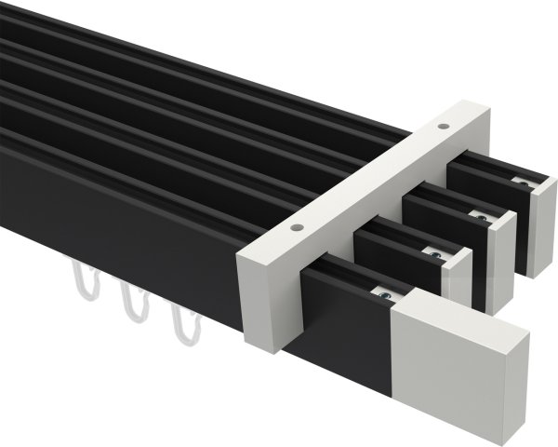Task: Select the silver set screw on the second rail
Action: tap(432, 251)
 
